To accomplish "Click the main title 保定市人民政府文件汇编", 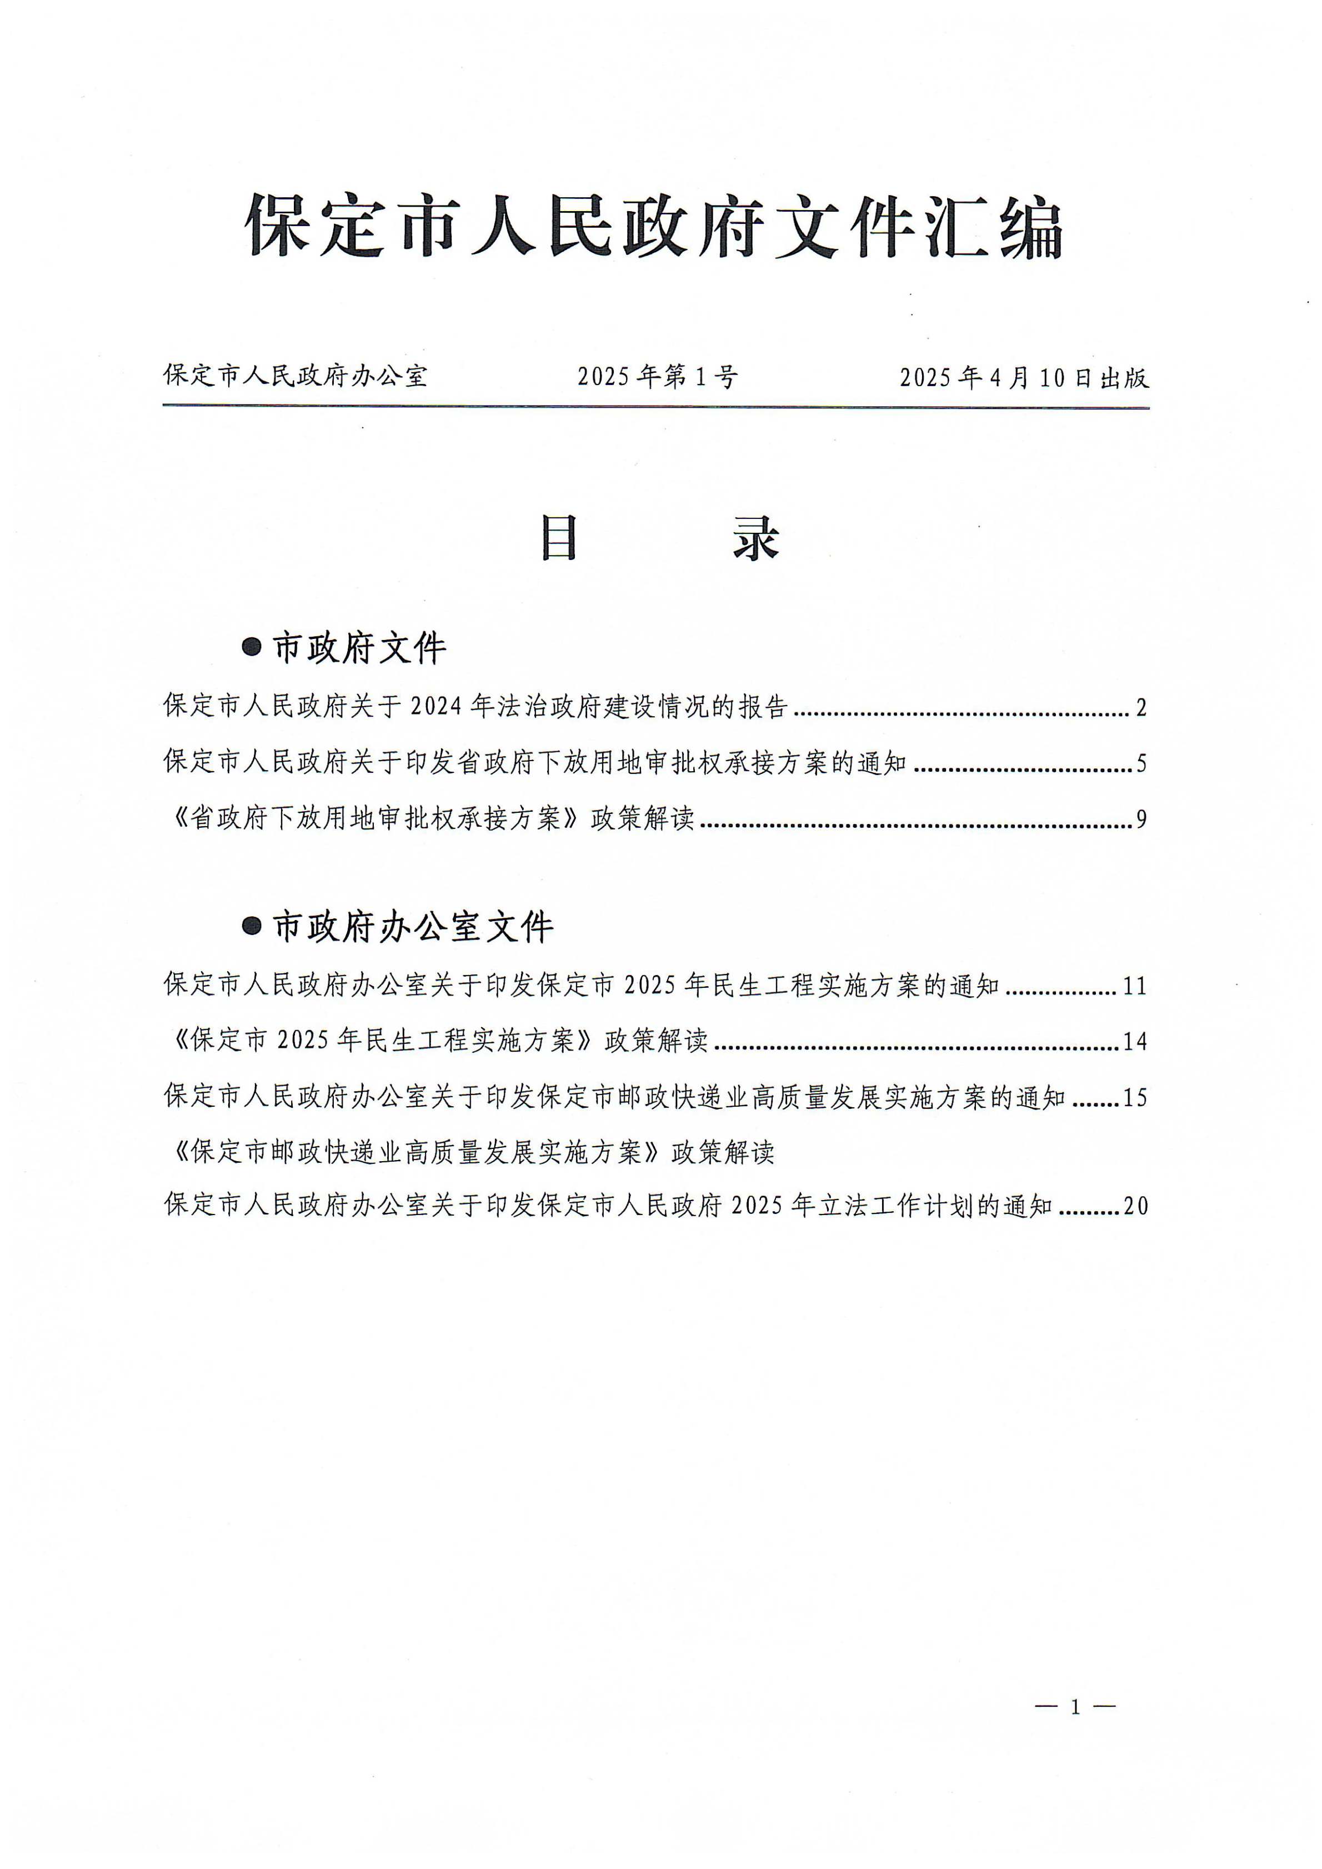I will pyautogui.click(x=655, y=226).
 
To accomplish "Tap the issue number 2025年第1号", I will pyautogui.click(x=658, y=376).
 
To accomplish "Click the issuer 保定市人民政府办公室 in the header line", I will pyautogui.click(x=296, y=375).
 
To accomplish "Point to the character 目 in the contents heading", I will pyautogui.click(x=560, y=539).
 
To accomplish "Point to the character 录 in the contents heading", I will pyautogui.click(x=756, y=539).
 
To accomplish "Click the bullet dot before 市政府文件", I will pyautogui.click(x=252, y=648).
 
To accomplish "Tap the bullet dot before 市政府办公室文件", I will pyautogui.click(x=252, y=926).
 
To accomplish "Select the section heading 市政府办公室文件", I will pyautogui.click(x=413, y=927).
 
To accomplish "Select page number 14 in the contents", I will pyautogui.click(x=1135, y=1042).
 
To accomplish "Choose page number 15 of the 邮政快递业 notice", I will pyautogui.click(x=1135, y=1098).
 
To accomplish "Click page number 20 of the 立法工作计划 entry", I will pyautogui.click(x=1135, y=1206).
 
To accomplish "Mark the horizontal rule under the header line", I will pyautogui.click(x=655, y=406).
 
